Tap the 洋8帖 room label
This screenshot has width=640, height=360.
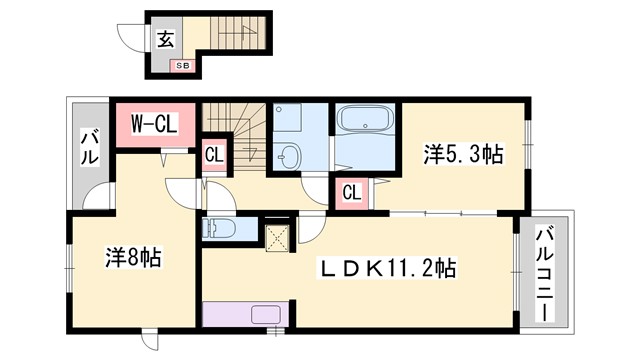[133, 257]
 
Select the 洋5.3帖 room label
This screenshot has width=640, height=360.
[463, 154]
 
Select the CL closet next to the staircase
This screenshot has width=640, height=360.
[214, 155]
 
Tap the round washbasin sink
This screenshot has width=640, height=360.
[290, 156]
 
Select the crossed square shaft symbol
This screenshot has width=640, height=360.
[277, 238]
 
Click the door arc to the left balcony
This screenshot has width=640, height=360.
[99, 198]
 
